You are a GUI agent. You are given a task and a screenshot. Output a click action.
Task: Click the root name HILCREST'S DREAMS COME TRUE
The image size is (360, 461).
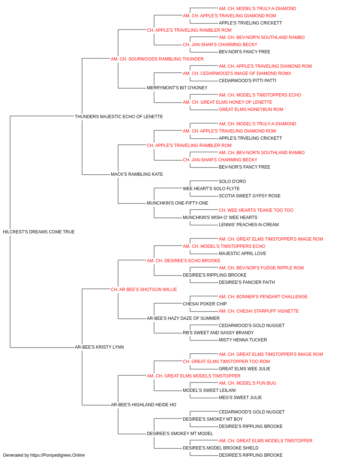pos(39,232)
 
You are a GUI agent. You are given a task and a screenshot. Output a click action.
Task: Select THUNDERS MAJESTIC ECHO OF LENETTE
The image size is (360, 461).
pos(119,117)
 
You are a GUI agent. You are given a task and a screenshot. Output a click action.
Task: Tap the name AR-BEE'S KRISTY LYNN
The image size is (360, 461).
pos(99,347)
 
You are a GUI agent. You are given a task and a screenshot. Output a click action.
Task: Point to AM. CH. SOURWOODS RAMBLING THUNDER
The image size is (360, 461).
pos(157,59)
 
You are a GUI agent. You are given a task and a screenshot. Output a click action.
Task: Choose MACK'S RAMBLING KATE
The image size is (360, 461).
pos(137,174)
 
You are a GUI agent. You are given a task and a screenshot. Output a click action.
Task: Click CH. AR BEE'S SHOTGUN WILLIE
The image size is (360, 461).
pos(144,290)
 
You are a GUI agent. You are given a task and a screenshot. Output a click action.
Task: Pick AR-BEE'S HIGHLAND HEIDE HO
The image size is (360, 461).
pos(144,405)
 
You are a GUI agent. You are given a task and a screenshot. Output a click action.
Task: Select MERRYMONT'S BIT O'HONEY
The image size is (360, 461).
pos(177,88)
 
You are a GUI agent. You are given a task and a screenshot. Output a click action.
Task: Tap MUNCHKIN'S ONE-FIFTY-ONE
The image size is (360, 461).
pos(177,203)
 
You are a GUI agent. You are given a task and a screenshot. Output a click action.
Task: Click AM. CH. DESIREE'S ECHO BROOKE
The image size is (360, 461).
pos(184,261)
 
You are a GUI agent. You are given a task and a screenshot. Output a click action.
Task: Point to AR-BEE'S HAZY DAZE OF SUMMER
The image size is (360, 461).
pos(183,318)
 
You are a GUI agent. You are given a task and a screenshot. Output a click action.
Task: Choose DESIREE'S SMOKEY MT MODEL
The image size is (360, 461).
pos(180,434)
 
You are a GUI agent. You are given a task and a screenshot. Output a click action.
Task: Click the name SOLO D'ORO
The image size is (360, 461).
pos(232,182)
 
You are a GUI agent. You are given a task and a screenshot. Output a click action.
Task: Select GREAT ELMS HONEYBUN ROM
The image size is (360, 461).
pos(251,109)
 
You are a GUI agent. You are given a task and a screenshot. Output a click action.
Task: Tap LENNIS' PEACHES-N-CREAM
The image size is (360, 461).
pos(249,225)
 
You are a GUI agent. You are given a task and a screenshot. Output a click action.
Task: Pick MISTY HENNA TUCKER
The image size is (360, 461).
pos(243,340)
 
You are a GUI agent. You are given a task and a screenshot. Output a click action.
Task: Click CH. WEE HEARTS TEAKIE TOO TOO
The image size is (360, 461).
pos(256,210)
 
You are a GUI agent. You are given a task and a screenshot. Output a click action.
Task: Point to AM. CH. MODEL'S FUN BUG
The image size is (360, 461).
pos(247,383)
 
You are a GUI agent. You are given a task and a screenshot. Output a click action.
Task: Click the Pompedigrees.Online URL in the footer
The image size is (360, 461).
pos(57,455)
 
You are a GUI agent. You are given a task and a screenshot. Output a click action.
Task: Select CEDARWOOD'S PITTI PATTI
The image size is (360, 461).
pos(247,81)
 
